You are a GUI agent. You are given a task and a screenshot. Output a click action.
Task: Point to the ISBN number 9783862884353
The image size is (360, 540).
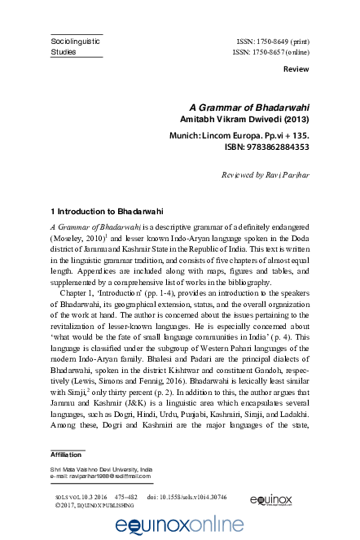click(x=266, y=147)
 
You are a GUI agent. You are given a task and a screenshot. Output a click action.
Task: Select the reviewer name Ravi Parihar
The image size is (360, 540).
click(x=284, y=175)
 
